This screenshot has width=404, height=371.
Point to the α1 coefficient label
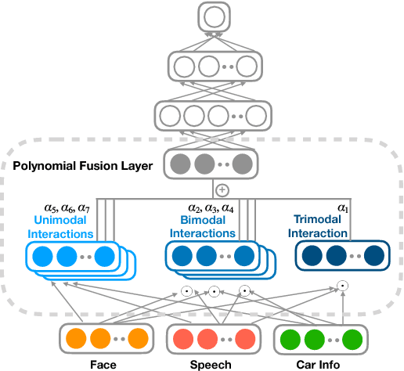pos(343,207)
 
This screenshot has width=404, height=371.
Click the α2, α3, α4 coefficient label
pos(211,207)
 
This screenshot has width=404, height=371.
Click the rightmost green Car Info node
pos(353,339)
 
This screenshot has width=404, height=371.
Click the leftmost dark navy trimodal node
pos(308,256)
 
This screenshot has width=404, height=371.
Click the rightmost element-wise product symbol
pos(342,286)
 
